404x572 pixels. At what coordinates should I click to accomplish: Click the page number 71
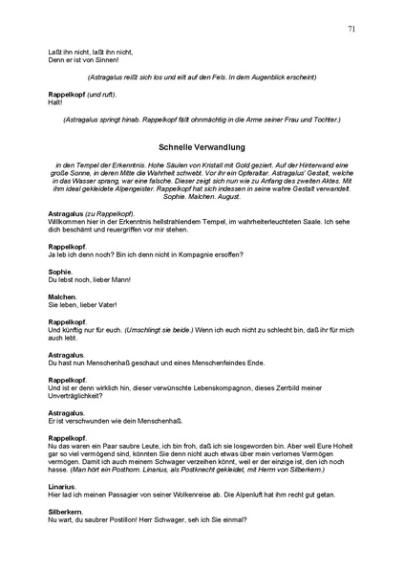click(352, 30)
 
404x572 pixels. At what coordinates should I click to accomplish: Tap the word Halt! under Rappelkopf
click(54, 104)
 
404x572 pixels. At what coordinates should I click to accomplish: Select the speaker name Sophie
click(60, 272)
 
